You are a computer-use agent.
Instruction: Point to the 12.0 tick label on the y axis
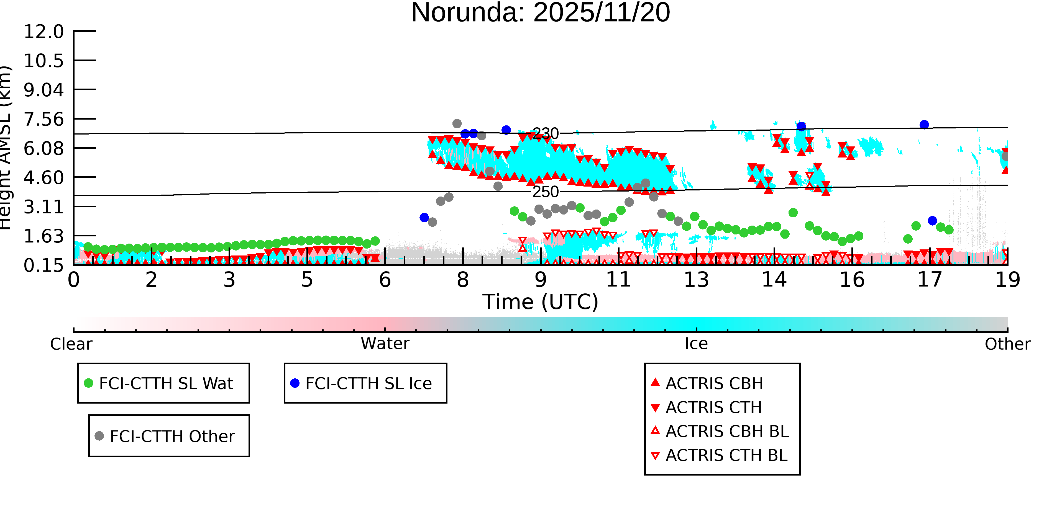tap(43, 32)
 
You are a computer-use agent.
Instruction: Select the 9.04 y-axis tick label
tap(43, 89)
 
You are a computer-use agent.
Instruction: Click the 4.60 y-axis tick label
tap(43, 178)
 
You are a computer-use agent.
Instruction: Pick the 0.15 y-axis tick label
tap(43, 265)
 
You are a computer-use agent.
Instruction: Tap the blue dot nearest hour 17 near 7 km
tap(924, 125)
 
